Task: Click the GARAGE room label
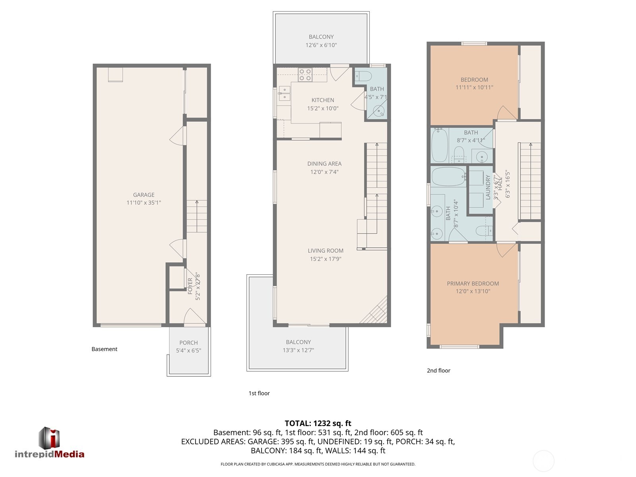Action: click(x=143, y=195)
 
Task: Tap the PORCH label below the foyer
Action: click(x=188, y=343)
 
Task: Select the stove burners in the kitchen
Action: click(x=305, y=75)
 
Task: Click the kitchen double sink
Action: click(x=284, y=93)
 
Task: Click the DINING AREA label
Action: click(x=324, y=164)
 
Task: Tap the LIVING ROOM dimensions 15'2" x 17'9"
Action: click(x=326, y=259)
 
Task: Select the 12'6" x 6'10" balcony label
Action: click(x=321, y=45)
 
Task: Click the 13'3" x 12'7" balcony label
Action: click(x=298, y=350)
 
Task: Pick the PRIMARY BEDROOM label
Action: click(x=473, y=283)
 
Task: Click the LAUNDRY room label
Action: click(x=488, y=188)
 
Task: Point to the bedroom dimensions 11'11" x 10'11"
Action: click(x=474, y=87)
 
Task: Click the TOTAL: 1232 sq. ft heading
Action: click(x=318, y=423)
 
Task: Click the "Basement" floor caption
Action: click(x=105, y=349)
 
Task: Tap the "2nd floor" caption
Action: click(x=438, y=370)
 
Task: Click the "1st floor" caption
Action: click(x=259, y=393)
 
